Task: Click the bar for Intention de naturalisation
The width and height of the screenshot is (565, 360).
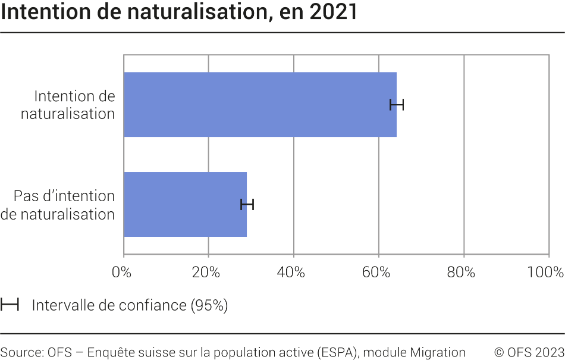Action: (260, 105)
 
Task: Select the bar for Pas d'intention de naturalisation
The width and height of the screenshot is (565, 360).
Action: (185, 205)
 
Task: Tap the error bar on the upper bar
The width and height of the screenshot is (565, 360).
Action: (397, 105)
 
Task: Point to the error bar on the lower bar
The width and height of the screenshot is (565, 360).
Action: (247, 205)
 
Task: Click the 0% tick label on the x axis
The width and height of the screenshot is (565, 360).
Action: (121, 273)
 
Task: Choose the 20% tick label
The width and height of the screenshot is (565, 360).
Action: (206, 273)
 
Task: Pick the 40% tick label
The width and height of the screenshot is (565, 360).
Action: (291, 273)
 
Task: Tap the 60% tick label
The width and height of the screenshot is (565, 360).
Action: (376, 273)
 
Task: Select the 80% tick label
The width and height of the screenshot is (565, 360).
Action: (462, 273)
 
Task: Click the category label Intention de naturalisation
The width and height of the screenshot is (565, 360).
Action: (68, 105)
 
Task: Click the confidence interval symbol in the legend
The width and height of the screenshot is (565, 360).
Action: (10, 305)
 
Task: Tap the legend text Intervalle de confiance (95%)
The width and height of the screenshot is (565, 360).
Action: (130, 305)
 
